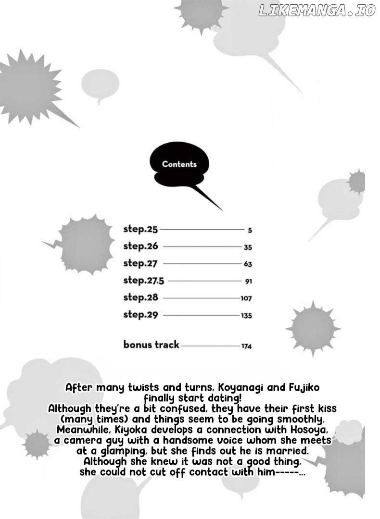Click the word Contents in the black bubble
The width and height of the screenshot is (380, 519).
pyautogui.click(x=179, y=164)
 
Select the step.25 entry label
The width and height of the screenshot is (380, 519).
pyautogui.click(x=140, y=229)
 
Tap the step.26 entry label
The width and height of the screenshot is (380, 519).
pyautogui.click(x=140, y=247)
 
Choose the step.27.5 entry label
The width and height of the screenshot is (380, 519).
pyautogui.click(x=144, y=281)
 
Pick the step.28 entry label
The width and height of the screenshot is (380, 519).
pyautogui.click(x=140, y=297)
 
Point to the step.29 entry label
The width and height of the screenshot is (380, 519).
pyautogui.click(x=140, y=315)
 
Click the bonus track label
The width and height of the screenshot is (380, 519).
pyautogui.click(x=151, y=345)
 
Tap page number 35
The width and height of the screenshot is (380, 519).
pyautogui.click(x=248, y=247)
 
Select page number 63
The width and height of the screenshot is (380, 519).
pyautogui.click(x=248, y=264)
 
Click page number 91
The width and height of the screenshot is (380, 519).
pyautogui.click(x=248, y=282)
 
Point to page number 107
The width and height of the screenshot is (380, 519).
pyautogui.click(x=246, y=298)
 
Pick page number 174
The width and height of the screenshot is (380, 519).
pyautogui.click(x=246, y=346)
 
